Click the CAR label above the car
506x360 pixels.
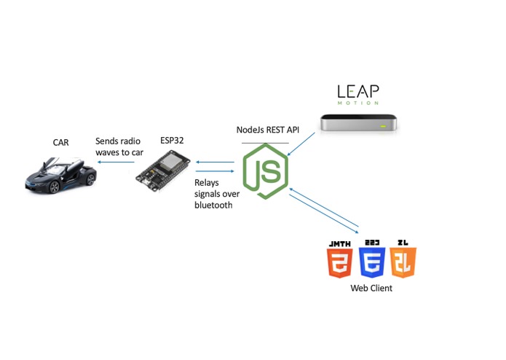60,142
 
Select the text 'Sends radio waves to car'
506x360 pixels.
119,146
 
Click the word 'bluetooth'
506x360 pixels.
213,206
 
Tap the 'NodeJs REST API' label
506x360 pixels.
268,130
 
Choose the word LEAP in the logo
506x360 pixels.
357,92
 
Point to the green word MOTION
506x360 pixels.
357,103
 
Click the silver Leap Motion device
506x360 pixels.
361,123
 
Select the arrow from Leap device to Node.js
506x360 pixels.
302,144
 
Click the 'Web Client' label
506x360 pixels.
371,289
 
